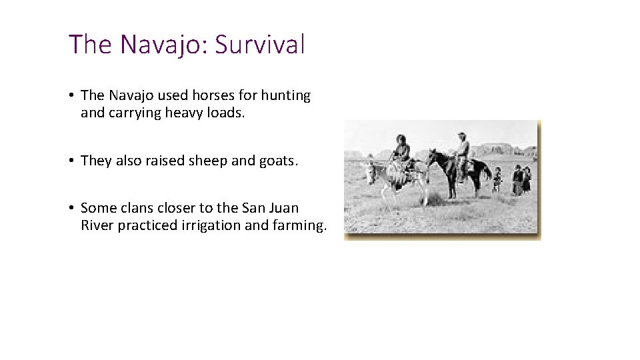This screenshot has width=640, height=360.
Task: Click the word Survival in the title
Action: point(259,45)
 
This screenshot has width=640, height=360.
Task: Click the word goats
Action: point(275,161)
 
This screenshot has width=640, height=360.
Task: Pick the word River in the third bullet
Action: point(97,225)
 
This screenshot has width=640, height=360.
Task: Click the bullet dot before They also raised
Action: point(71,161)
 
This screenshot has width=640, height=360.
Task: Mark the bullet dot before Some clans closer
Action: point(71,207)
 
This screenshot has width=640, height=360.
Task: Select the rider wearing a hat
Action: point(462,150)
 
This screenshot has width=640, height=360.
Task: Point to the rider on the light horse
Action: point(401,152)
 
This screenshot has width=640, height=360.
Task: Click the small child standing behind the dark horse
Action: point(497,179)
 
